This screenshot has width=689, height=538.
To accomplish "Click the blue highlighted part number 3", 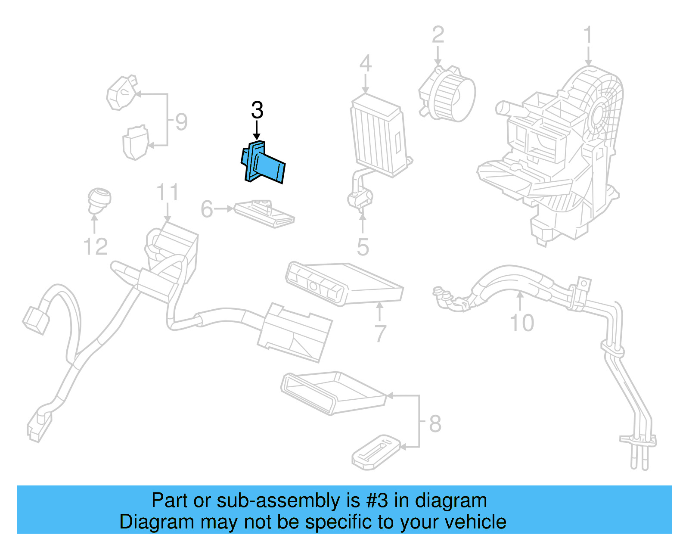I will tap(264, 163).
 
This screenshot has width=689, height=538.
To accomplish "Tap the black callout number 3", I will tap(257, 110).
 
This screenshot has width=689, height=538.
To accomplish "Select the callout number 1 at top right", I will tap(587, 36).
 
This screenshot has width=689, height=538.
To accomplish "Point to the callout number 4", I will tap(365, 64).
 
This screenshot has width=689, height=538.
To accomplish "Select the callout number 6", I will tap(207, 209).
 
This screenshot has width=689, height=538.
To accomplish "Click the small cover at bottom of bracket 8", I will tap(376, 452).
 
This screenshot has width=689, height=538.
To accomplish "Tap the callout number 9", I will tap(181, 122).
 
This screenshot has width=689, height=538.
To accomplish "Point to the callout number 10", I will tap(521, 323).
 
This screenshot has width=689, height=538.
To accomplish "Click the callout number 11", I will tap(167, 193).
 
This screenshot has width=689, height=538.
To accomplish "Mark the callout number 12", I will tap(95, 247).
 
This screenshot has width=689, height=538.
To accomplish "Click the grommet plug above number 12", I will tap(99, 200).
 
